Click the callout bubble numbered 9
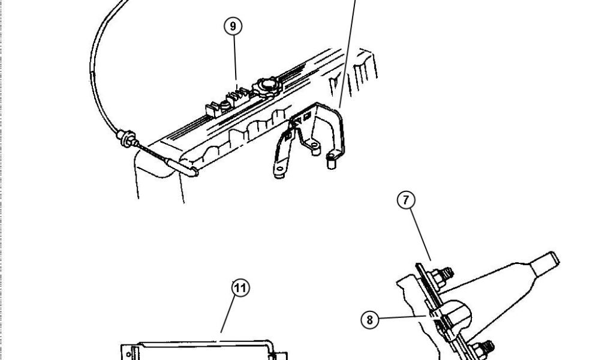234,27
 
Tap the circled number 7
407,200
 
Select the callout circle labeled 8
370,320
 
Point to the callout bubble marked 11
240,289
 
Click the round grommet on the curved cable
127,136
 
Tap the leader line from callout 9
236,60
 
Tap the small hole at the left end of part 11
128,354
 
